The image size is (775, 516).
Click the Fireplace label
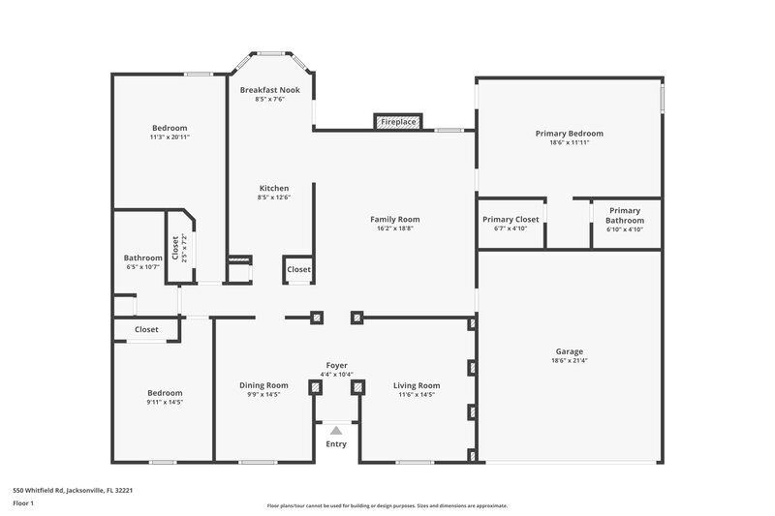(x=398, y=122)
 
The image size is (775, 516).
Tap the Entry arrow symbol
(x=335, y=429)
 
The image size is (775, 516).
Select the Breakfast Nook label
(x=270, y=90)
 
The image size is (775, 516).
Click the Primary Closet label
(x=511, y=220)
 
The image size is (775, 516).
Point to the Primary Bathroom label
(x=625, y=215)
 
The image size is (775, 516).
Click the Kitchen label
(x=273, y=188)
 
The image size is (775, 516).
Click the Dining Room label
(x=263, y=385)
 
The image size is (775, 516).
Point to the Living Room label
(x=417, y=385)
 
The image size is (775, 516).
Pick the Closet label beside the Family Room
(x=298, y=270)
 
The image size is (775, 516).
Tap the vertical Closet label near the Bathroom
(x=175, y=250)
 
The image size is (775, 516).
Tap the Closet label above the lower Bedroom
(x=146, y=330)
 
